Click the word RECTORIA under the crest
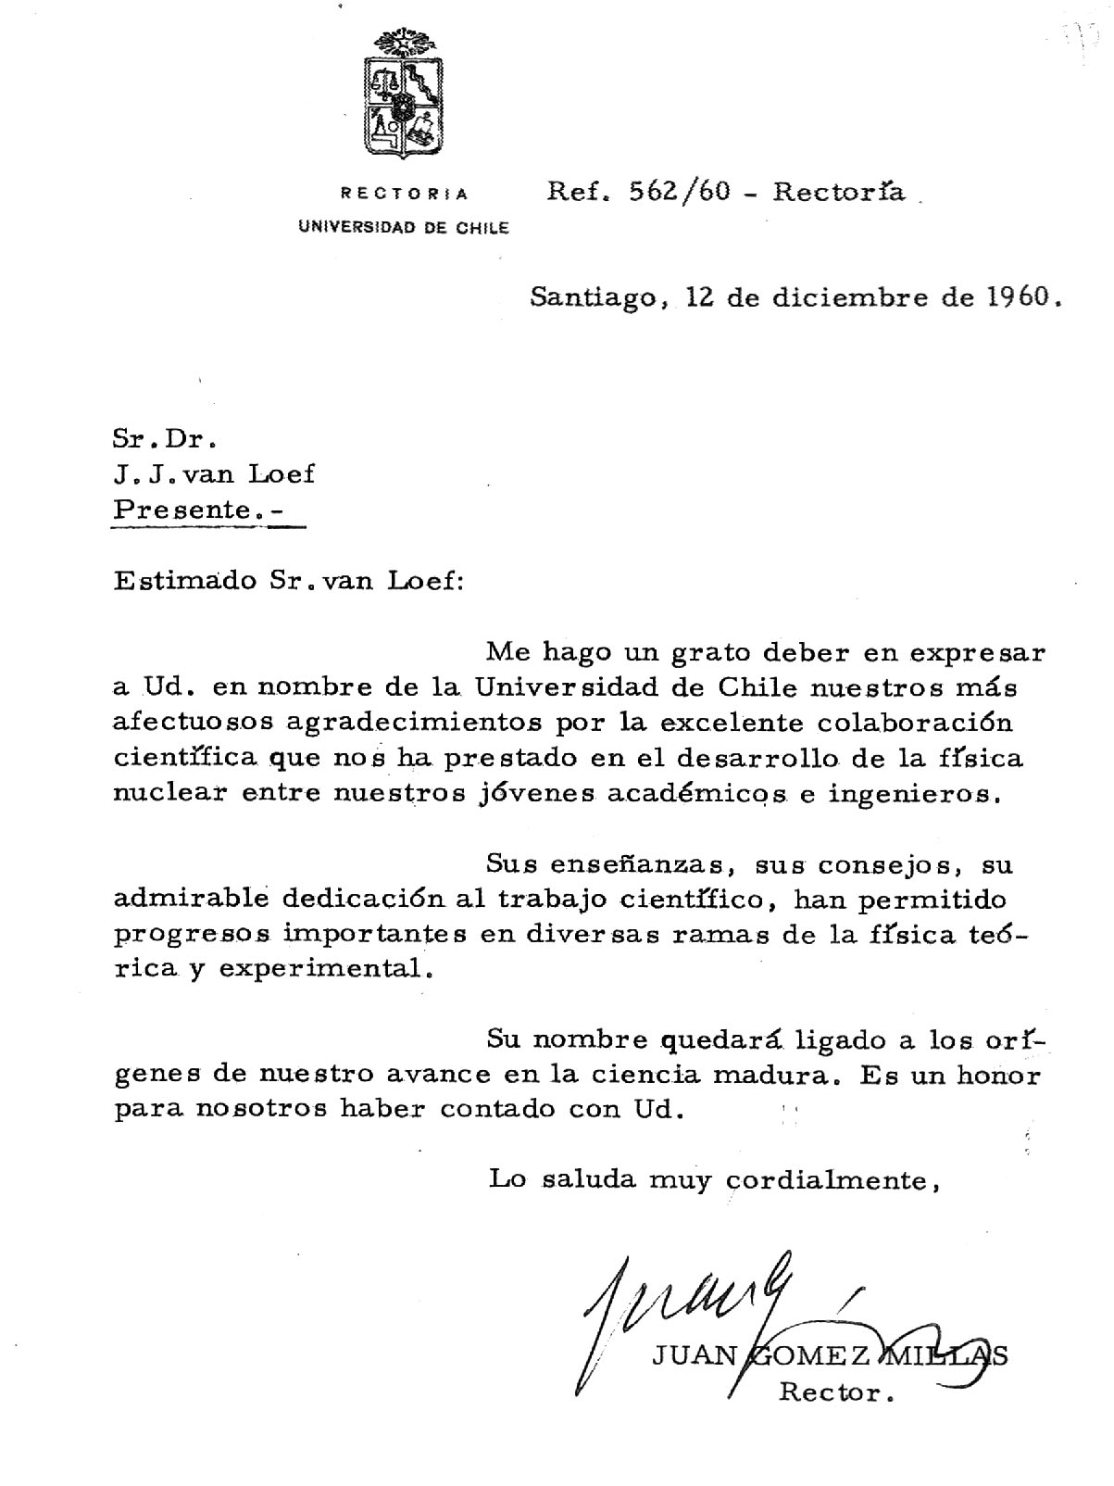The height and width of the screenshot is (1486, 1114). click(x=405, y=195)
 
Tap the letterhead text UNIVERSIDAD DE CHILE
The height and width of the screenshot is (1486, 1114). click(x=403, y=228)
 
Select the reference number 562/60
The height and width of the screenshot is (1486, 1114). click(x=680, y=192)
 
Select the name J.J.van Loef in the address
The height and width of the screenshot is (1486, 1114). click(x=214, y=474)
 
